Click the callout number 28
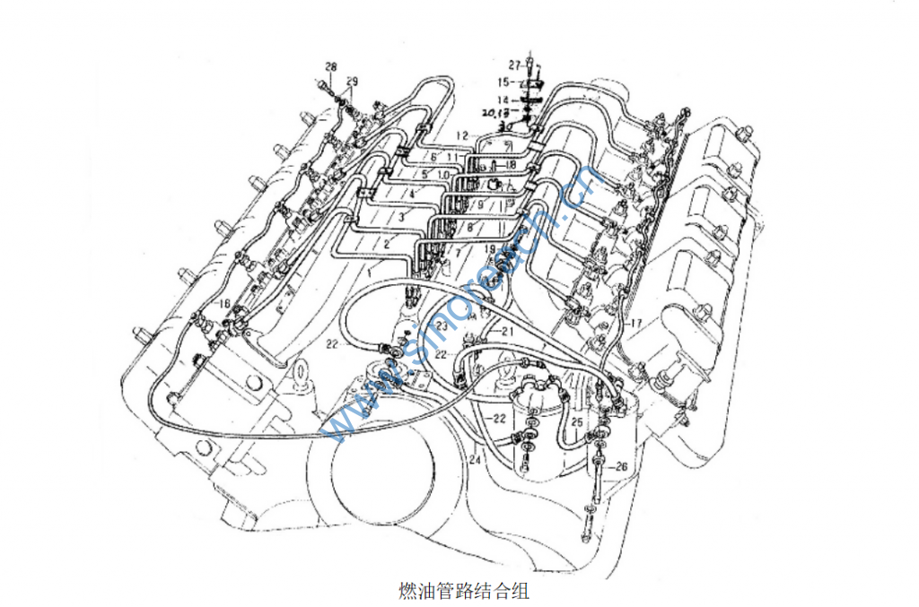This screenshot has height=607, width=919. pos(331,67)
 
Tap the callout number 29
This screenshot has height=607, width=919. pos(352,82)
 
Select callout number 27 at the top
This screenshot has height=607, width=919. pos(514,65)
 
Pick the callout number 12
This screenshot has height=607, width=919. pos(461,135)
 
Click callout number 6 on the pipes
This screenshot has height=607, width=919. pos(433,158)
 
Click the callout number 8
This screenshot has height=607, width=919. pos(469,229)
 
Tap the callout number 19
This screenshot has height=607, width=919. pos(490,248)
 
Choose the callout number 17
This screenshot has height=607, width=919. pos(636,322)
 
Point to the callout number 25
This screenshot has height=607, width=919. pos(579,421)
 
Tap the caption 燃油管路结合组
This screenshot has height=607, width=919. pos(464,592)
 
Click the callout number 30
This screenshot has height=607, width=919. pos(505,127)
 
